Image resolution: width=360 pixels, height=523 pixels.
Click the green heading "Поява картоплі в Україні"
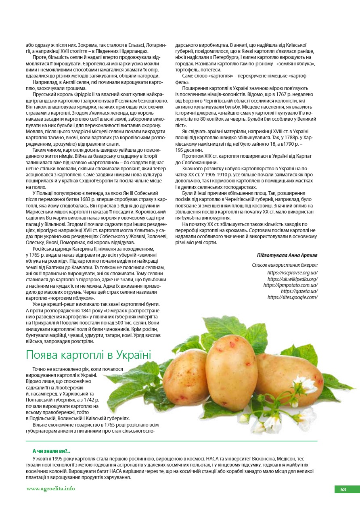88,355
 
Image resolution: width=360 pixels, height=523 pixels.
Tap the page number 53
343,489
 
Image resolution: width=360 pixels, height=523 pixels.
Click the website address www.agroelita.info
51,489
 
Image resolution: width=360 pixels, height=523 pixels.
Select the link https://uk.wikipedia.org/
292,279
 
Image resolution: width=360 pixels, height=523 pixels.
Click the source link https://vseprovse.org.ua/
292,273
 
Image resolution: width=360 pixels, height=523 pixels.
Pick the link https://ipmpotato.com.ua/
290,285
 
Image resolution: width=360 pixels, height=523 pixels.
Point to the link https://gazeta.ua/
299,291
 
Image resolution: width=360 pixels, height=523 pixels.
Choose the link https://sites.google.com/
292,297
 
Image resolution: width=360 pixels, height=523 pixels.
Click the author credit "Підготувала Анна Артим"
287,255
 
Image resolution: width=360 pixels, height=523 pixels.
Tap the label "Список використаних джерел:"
285,265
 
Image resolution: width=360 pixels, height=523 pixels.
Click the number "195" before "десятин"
180,150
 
